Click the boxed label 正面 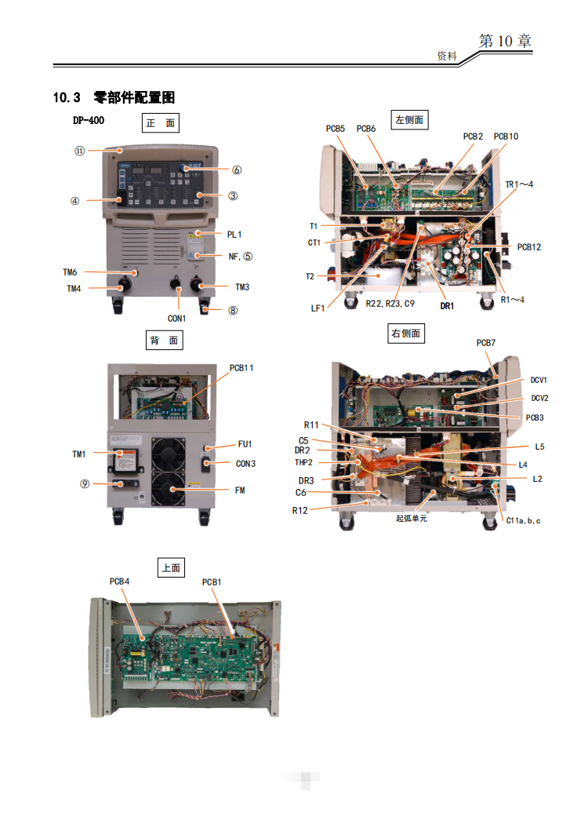[161, 123]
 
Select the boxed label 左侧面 [408, 119]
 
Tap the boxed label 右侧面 [405, 334]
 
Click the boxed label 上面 [171, 567]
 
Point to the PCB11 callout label [241, 367]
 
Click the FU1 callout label [244, 444]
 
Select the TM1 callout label [78, 454]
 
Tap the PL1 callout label [234, 234]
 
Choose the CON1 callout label [176, 318]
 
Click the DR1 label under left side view [447, 306]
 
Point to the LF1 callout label [318, 308]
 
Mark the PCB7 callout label [486, 344]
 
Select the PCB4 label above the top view [119, 581]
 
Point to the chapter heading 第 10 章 [505, 42]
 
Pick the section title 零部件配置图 [133, 97]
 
